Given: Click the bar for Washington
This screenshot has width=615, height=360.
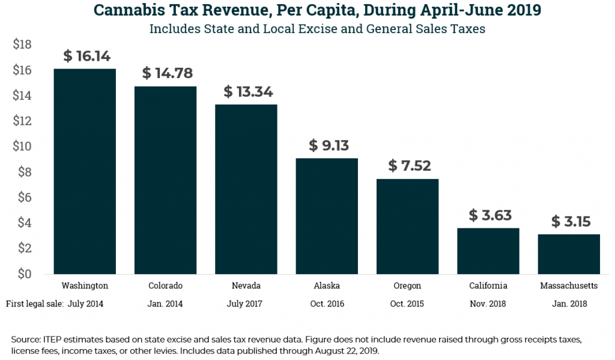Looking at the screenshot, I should pos(85,171).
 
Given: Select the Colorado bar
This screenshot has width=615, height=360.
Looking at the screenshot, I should pos(165,180).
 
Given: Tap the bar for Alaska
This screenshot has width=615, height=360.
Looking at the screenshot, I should pos(327,216).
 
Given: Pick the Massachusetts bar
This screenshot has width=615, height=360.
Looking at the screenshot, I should pos(569,254).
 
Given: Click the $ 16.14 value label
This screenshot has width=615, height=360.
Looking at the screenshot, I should pos(86,56).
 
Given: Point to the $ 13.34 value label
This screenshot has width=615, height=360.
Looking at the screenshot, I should pos(248,92).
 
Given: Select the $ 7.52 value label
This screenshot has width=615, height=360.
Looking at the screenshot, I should pos(410,166).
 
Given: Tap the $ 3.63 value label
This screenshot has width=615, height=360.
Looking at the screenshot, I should pos(490,215).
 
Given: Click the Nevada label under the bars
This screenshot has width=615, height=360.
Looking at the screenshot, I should pos(246,285).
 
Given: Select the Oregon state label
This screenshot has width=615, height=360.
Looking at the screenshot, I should pos(407,285).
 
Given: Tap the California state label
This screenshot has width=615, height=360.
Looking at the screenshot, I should pos(488,285).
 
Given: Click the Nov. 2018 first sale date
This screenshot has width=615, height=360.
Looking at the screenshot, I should pos(488,304).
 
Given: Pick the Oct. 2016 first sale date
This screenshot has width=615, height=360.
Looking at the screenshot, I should pos(327,304).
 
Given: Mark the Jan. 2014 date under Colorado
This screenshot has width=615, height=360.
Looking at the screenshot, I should pos(165,304).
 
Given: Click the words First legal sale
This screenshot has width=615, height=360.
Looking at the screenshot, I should pos(35,304).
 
